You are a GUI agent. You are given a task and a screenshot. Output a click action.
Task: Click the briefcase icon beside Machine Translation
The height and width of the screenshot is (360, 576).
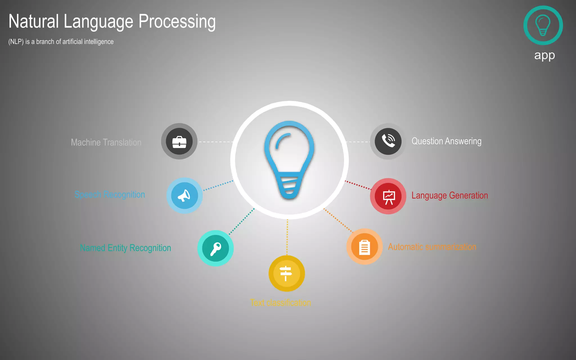[179, 141]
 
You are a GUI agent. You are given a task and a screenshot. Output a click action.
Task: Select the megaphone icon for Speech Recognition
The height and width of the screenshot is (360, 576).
[184, 195]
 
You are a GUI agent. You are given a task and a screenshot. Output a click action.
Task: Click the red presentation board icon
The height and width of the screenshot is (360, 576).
[388, 196]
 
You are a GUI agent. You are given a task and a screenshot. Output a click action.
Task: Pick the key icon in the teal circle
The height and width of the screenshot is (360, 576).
[215, 248]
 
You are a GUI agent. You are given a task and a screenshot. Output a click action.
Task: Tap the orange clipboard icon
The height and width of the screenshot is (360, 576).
[364, 247]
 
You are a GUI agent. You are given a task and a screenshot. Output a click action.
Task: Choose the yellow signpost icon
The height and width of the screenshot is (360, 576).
[286, 273]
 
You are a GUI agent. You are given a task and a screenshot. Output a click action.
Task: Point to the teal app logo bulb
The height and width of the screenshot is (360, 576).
[543, 25]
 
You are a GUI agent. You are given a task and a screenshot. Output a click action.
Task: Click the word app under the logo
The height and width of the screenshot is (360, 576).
[544, 55]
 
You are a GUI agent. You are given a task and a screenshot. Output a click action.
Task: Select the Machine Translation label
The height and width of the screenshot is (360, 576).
[106, 142]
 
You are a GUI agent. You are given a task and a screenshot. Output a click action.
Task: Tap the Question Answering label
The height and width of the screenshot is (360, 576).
[446, 141]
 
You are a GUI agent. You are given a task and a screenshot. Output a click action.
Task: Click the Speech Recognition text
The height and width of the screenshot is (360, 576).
[110, 194]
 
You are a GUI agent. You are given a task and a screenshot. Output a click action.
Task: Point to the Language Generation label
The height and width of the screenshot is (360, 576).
[449, 195]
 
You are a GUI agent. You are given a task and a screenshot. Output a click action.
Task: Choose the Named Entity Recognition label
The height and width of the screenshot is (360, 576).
[125, 248]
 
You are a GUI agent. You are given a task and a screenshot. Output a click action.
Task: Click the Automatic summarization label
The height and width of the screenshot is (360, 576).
[432, 247]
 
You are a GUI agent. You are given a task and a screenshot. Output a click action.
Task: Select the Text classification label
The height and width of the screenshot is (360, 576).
[280, 303]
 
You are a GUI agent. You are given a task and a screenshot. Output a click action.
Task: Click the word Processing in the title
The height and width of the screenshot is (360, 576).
[177, 22]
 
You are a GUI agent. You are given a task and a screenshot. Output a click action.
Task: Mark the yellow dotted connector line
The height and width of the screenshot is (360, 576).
[287, 238]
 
